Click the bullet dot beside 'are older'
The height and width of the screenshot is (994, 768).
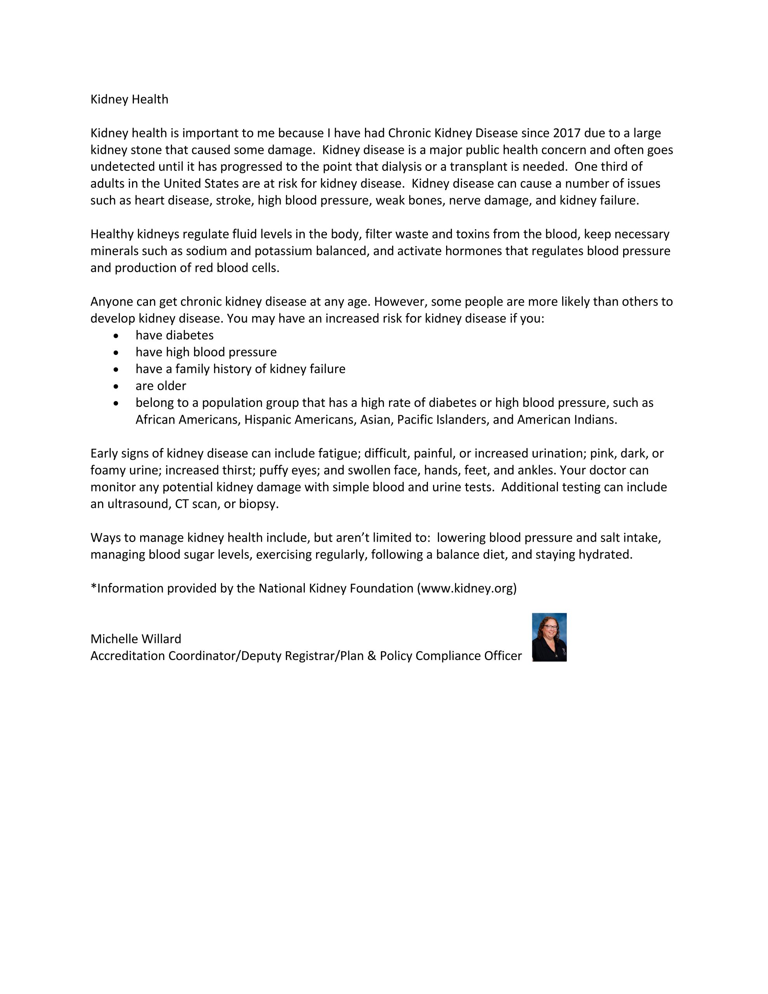click(x=116, y=386)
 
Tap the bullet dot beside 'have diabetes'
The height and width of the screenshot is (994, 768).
click(x=116, y=336)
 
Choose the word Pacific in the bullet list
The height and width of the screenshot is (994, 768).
click(x=415, y=420)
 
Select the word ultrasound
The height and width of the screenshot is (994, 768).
click(x=138, y=504)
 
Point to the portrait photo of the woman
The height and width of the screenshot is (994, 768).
click(x=549, y=637)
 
